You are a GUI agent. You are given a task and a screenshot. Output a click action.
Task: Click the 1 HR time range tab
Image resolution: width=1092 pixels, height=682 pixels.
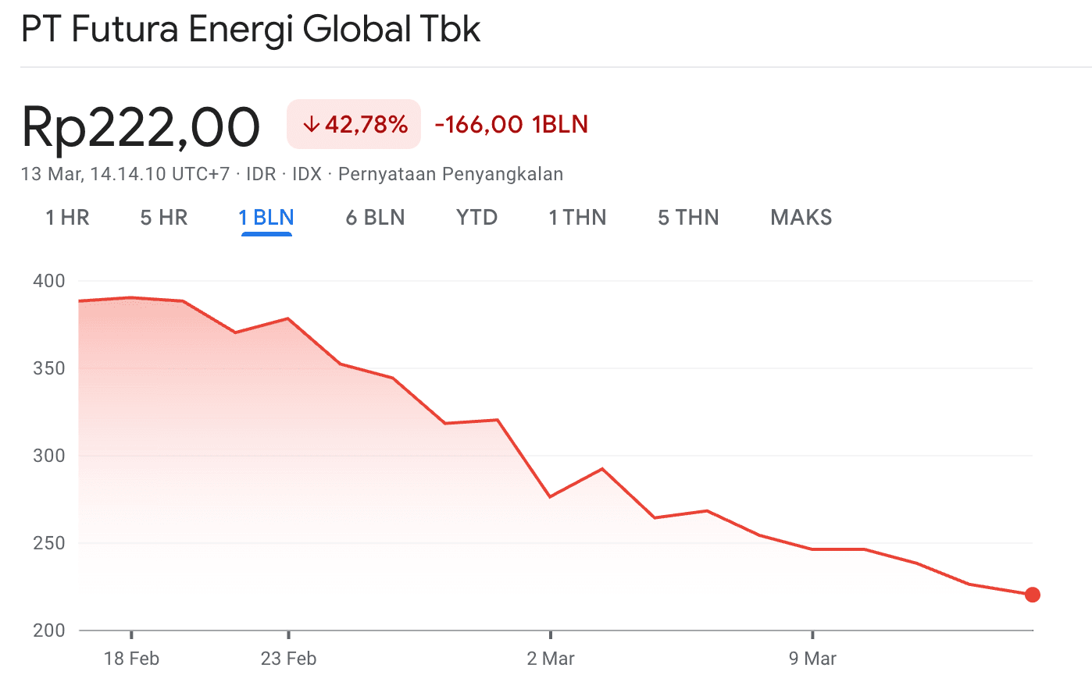click(67, 217)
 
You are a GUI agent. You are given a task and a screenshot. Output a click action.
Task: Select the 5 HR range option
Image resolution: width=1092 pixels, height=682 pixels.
click(164, 217)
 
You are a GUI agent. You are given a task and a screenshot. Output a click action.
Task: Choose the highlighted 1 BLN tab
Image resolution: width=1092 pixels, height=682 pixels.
click(266, 217)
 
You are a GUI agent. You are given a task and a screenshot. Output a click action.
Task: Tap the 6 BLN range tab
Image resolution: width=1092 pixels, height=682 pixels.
click(375, 217)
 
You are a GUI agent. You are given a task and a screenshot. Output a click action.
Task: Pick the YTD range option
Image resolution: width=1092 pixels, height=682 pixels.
click(476, 217)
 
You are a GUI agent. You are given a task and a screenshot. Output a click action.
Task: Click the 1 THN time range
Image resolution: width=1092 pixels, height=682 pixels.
click(577, 217)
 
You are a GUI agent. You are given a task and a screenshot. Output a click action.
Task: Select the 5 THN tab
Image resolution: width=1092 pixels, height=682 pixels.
click(688, 217)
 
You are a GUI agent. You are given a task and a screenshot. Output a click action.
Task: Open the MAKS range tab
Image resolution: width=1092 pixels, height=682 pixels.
click(801, 217)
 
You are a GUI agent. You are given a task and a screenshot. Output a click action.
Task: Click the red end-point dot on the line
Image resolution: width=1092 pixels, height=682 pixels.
click(1032, 595)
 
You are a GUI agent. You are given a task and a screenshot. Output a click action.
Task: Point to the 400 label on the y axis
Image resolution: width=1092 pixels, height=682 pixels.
click(49, 281)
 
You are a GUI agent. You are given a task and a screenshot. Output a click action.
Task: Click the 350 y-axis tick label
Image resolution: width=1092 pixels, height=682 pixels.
click(49, 368)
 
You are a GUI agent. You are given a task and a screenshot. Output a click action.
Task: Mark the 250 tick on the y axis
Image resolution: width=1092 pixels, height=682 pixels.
click(49, 543)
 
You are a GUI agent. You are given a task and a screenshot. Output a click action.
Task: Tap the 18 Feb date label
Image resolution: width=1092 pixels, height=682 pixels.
click(131, 659)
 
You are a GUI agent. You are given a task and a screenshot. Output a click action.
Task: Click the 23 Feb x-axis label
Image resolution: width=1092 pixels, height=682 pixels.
click(288, 659)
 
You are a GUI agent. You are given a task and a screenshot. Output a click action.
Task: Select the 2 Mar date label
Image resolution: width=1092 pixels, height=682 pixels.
click(551, 659)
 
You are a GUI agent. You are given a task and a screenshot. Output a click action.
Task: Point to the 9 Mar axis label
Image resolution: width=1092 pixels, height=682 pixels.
click(812, 659)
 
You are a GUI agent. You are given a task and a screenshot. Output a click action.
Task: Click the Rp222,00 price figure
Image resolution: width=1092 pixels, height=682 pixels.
click(141, 126)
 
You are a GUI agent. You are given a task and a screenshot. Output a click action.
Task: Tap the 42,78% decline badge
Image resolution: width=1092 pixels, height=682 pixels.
click(354, 124)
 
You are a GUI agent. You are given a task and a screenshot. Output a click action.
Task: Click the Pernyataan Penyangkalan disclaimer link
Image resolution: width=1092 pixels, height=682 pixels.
click(451, 174)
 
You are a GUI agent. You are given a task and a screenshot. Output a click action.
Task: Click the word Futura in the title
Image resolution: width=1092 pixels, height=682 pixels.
click(125, 30)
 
